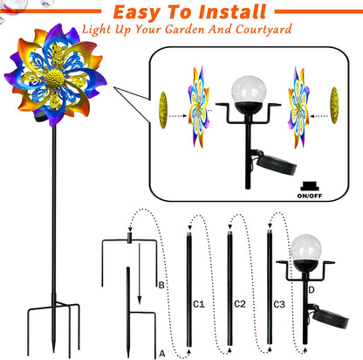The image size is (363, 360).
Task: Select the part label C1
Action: point(198,304)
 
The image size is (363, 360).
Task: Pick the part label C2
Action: point(242,304)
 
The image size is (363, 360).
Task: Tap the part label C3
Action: point(279,304)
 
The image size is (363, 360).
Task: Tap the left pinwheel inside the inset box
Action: point(198,116)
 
